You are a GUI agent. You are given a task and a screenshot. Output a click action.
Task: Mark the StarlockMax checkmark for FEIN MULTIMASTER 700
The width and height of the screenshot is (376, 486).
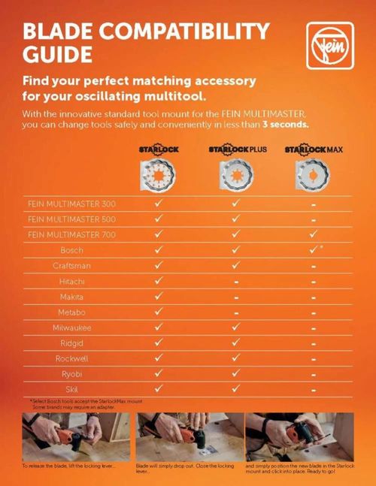coord(313,234)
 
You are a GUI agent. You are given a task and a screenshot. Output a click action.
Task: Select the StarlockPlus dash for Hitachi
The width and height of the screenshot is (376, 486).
coord(235,281)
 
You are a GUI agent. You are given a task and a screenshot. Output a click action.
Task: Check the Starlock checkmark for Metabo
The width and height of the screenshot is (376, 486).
coord(158,312)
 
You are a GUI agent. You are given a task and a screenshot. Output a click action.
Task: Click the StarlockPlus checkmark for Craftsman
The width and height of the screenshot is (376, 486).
coord(235,265)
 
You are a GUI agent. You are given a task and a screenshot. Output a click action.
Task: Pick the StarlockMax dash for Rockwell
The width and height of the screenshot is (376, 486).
coord(313,358)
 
